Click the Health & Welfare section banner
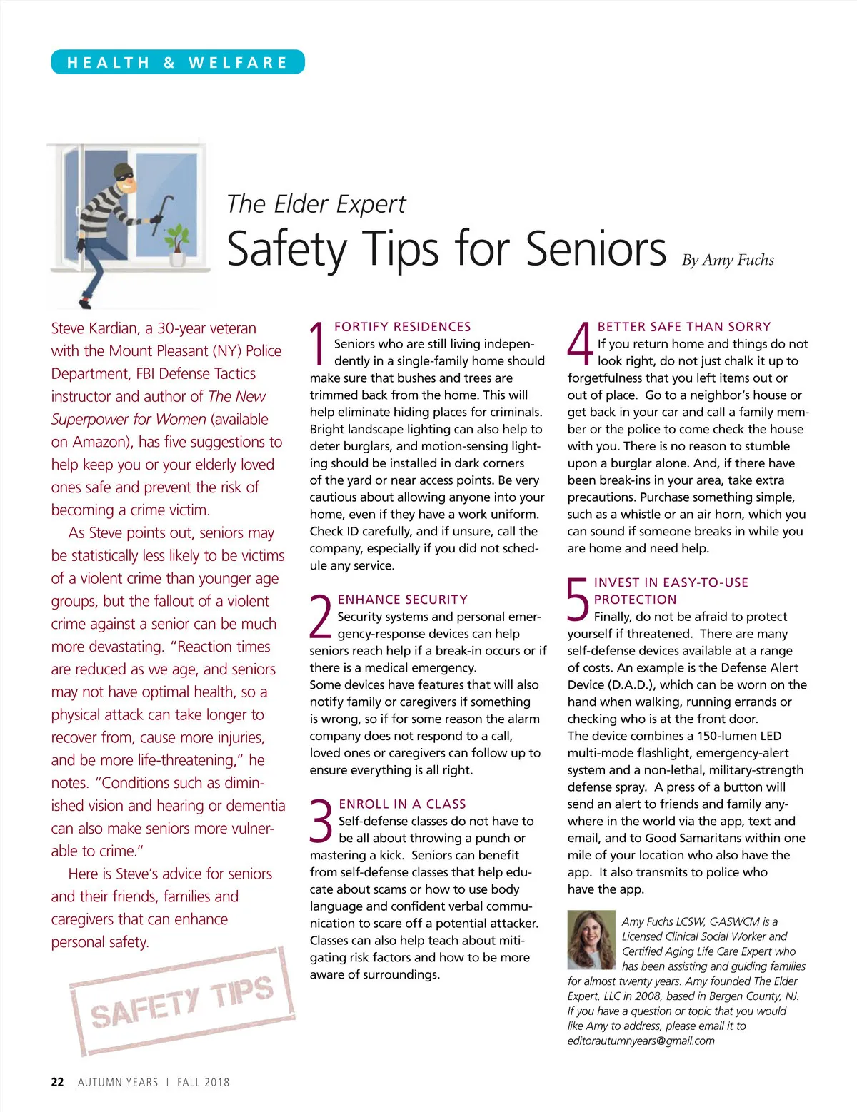pos(178,62)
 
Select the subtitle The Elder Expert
pos(316,204)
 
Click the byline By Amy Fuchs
pos(728,260)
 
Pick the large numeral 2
pos(321,617)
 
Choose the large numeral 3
pos(322,822)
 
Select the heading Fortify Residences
pos(403,327)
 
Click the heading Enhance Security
pos(403,600)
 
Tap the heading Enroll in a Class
pos(402,804)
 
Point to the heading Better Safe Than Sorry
pos(684,327)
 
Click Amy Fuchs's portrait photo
pos(591,939)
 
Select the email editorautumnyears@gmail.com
pos(641,1041)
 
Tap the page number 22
pos(57,1082)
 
